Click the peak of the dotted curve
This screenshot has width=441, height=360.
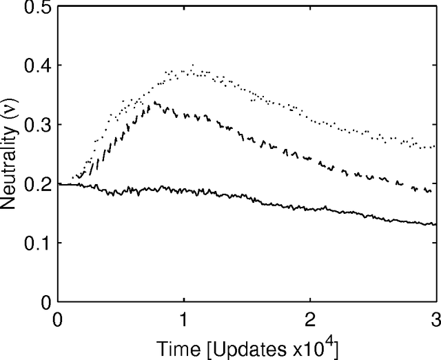[x=192, y=66]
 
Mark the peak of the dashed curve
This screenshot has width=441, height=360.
[x=156, y=103]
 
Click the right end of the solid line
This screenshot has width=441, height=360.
[x=436, y=224]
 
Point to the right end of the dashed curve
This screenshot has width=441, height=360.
[x=431, y=190]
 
